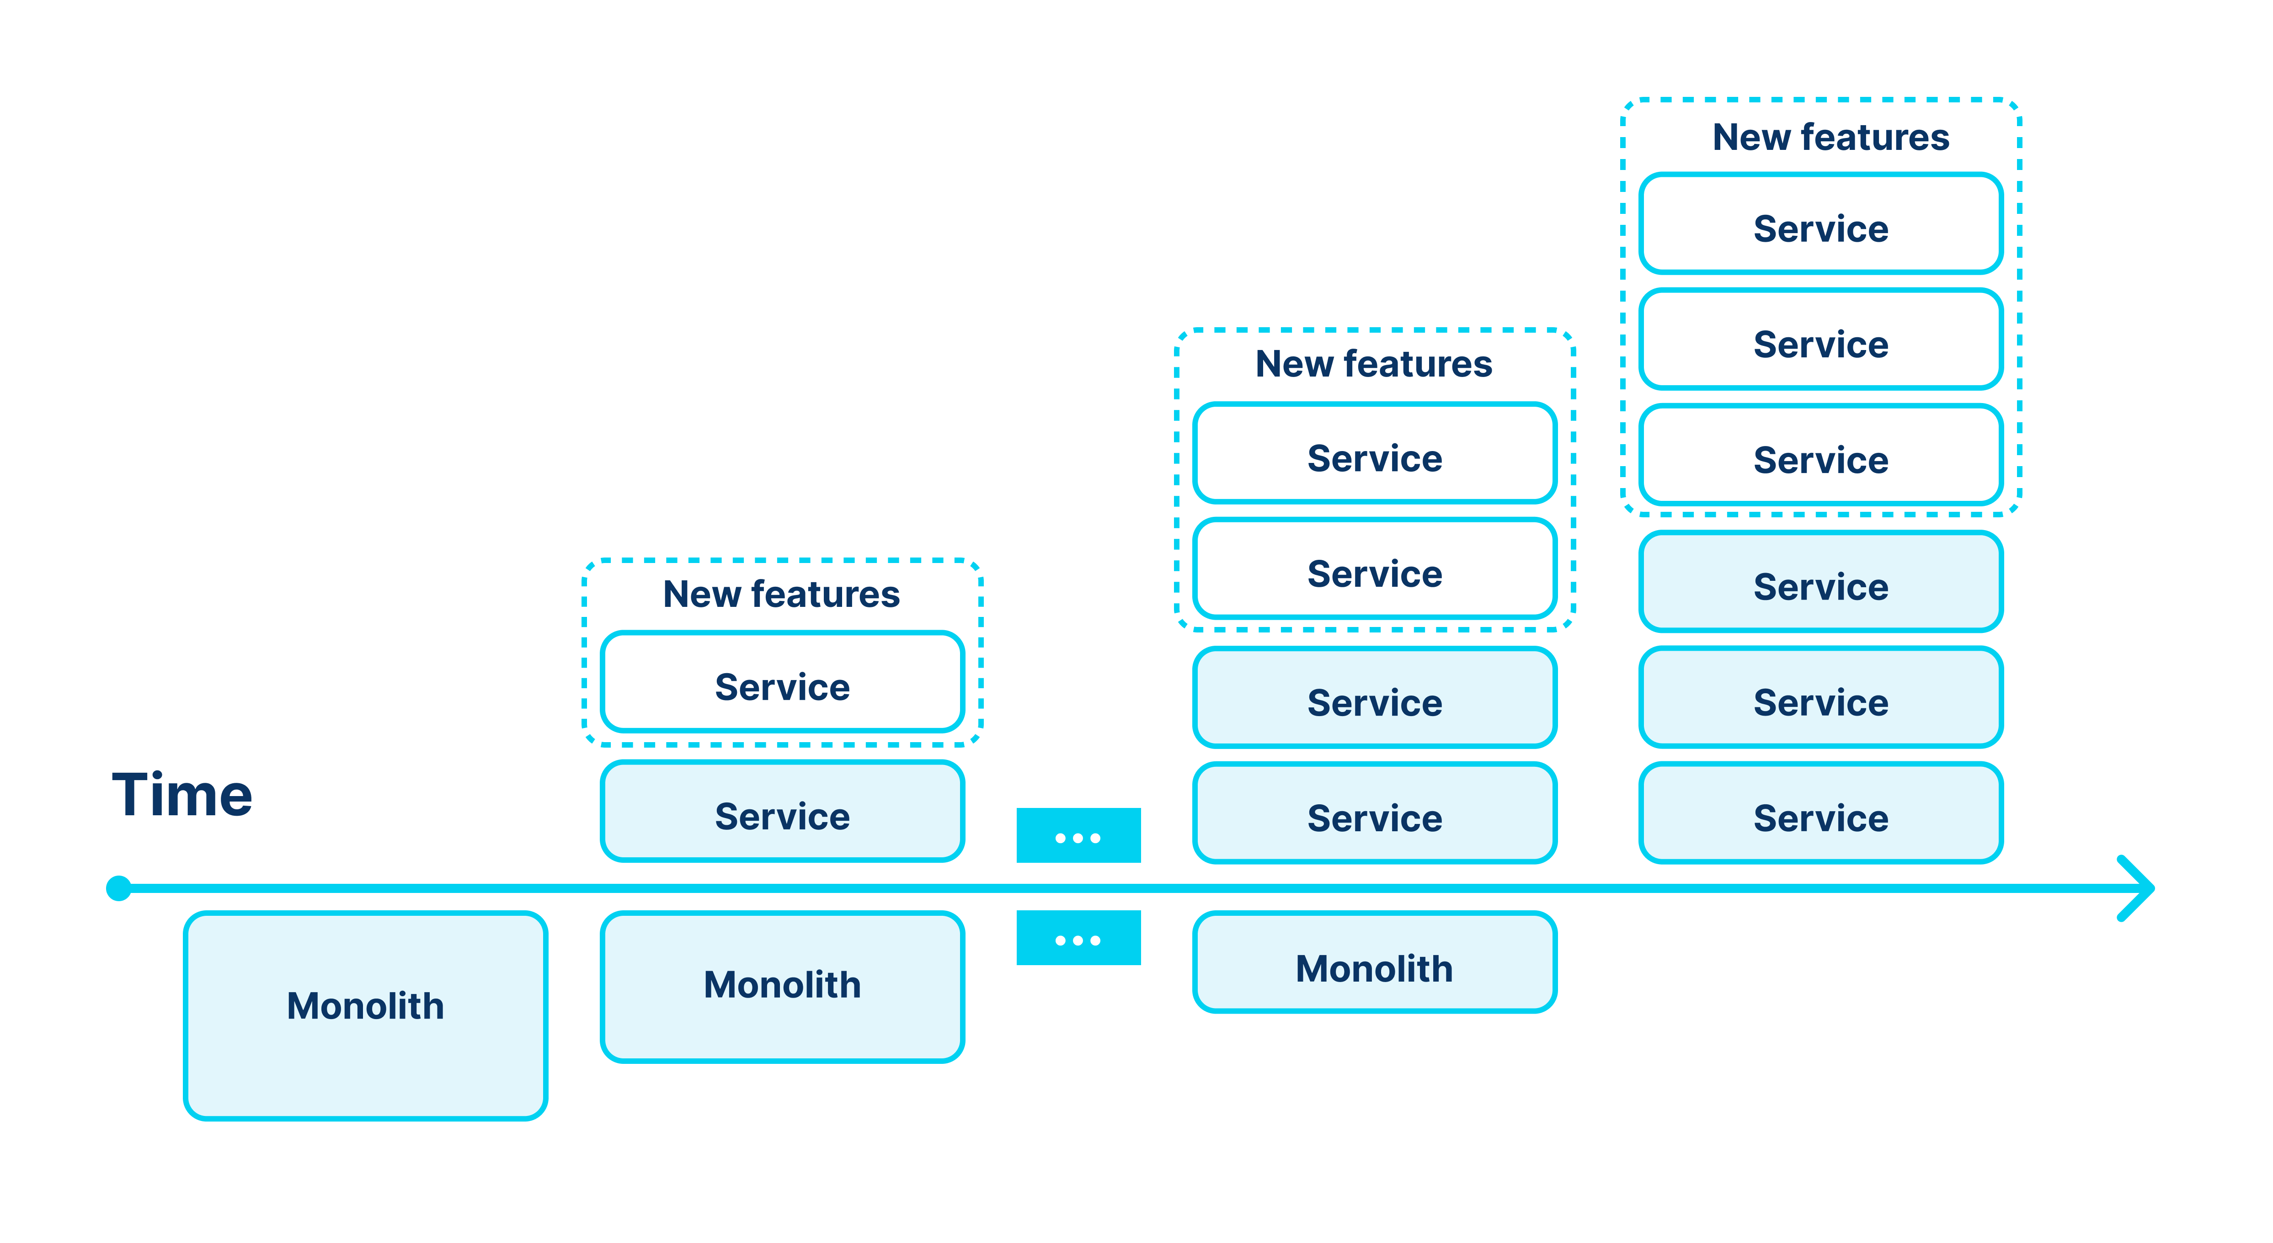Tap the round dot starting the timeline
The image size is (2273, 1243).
click(x=119, y=888)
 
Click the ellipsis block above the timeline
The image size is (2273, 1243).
click(x=1078, y=835)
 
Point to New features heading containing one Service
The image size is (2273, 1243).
click(x=782, y=594)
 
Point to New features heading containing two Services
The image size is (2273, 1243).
click(x=1374, y=363)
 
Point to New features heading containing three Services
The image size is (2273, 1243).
click(x=1831, y=137)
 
